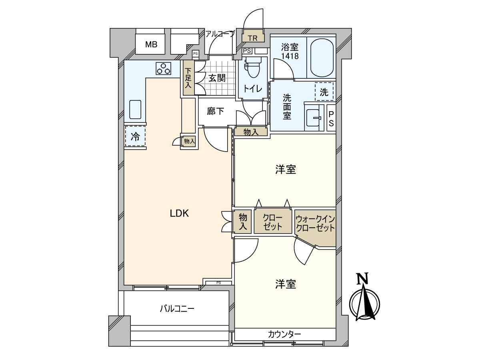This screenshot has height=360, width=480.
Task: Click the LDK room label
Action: (179, 214)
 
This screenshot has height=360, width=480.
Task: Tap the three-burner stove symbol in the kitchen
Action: (163, 68)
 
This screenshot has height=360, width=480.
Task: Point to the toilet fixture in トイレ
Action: (254, 67)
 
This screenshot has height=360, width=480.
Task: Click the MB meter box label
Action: (151, 44)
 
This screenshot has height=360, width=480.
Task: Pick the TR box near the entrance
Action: (253, 38)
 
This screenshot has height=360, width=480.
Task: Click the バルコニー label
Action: (177, 309)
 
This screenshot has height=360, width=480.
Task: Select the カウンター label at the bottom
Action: (284, 340)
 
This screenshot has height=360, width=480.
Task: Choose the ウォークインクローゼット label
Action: (315, 223)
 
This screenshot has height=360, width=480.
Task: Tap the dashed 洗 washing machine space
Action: (324, 92)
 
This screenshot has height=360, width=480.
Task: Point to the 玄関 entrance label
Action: (216, 78)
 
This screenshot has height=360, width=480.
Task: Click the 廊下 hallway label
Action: (215, 112)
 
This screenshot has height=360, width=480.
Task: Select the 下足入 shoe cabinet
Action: (188, 78)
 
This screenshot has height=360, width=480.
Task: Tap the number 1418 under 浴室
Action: (290, 56)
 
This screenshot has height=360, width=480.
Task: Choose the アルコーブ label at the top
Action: (220, 34)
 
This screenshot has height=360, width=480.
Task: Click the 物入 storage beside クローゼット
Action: (243, 222)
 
